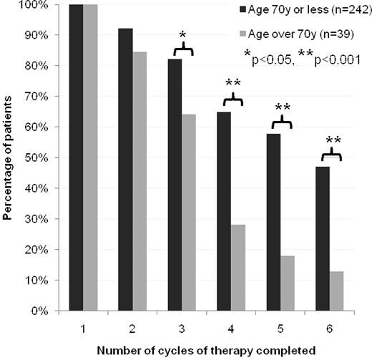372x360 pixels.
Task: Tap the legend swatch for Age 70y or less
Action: pos(244,10)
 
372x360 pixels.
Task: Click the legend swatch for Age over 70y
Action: pos(244,33)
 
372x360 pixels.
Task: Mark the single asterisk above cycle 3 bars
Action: pos(183,35)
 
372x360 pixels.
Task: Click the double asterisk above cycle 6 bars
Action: pos(333,140)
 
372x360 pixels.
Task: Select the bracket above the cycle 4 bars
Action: pos(233,99)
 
